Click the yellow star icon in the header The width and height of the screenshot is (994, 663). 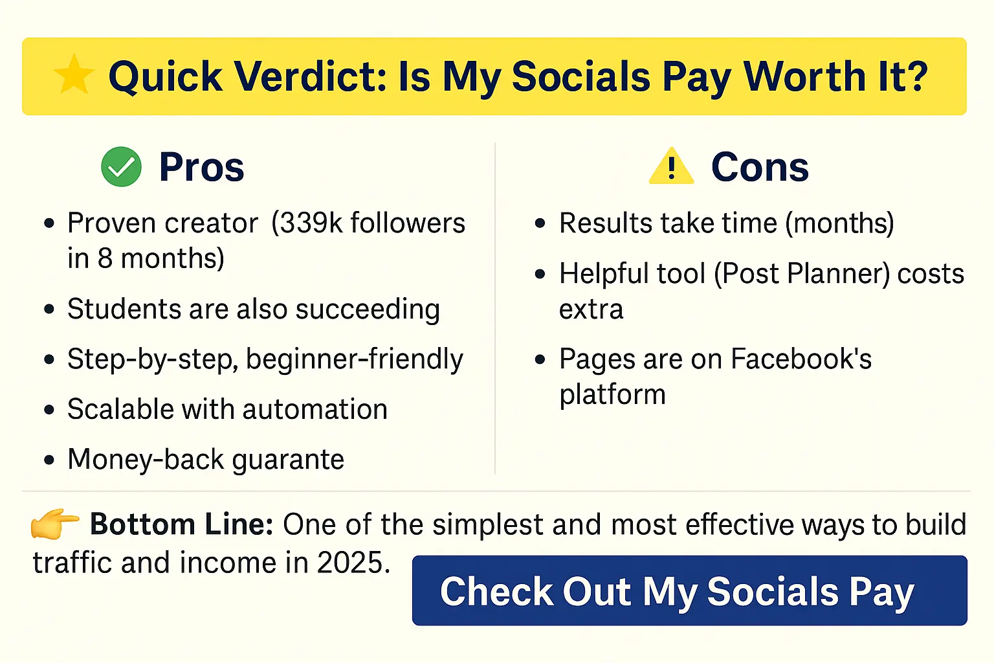[x=74, y=74]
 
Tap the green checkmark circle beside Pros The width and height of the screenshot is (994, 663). [x=121, y=166]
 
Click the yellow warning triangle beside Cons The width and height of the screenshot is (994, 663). [x=671, y=166]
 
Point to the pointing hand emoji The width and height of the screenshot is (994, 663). [x=54, y=524]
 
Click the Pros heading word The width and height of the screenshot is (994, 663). [x=201, y=167]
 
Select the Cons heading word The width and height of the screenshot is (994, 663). [x=760, y=167]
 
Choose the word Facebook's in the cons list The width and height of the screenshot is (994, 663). [x=801, y=359]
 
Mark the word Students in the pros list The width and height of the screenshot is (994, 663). [x=124, y=309]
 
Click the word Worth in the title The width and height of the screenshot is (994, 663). [x=804, y=76]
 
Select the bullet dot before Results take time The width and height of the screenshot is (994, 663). [x=540, y=223]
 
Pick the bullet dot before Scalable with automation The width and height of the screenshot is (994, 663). [x=49, y=409]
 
